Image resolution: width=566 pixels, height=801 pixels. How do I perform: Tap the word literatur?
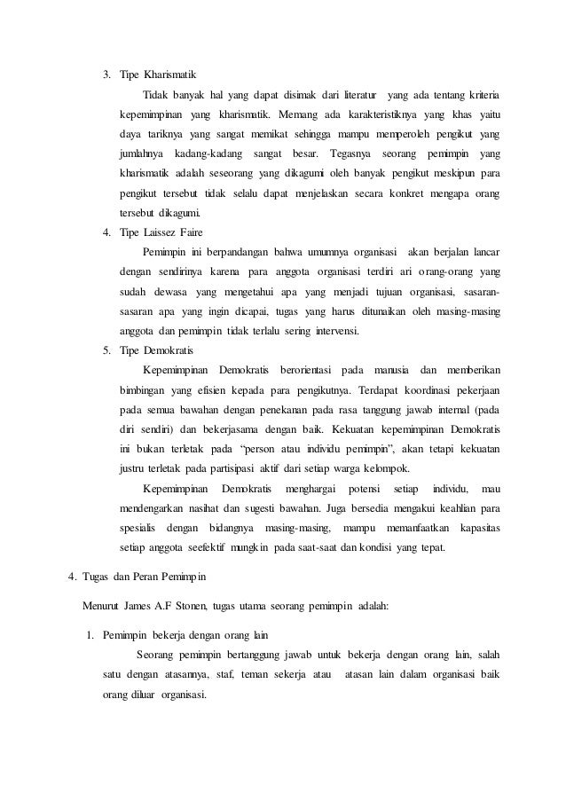(356, 95)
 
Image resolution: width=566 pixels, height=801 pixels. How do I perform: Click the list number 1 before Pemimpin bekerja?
(89, 635)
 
